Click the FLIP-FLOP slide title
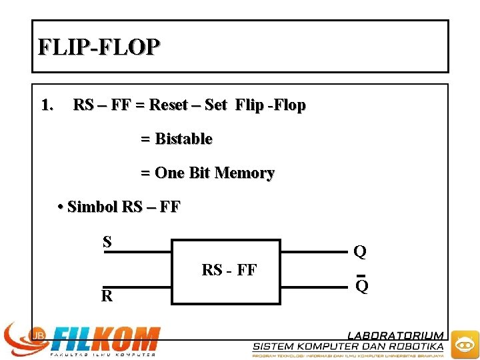[99, 47]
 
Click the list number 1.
[47, 105]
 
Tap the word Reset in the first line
[168, 105]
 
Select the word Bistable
[183, 139]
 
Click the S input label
[107, 241]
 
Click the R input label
[107, 296]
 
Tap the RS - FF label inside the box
[229, 270]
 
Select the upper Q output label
[360, 251]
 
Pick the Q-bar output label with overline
[361, 286]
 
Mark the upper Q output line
[313, 252]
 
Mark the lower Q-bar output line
[313, 287]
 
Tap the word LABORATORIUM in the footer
[395, 335]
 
